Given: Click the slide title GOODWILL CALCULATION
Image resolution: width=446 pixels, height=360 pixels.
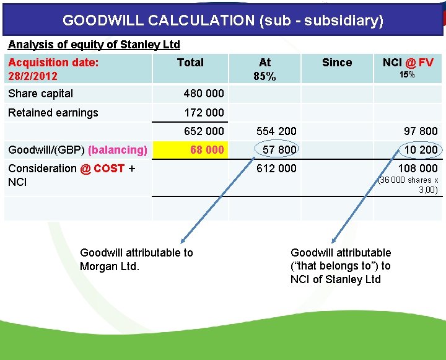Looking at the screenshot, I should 223,20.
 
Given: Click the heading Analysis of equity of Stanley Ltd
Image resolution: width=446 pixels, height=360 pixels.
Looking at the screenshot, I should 94,45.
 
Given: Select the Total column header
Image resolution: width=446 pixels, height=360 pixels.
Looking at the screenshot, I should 190,63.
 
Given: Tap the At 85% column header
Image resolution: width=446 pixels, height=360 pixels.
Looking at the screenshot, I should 265,69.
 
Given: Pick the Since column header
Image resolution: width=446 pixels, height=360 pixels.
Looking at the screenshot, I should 337,63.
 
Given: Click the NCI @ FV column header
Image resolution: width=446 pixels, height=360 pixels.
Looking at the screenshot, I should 408,63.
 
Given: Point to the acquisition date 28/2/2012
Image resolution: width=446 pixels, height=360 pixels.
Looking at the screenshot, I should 33,76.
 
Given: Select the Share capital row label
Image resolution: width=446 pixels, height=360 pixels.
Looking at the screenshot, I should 41,94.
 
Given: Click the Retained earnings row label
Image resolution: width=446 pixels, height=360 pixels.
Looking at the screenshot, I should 53,113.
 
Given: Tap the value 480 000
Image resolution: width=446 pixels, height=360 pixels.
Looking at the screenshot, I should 204,94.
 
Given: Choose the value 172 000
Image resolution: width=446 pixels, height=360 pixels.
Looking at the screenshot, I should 204,113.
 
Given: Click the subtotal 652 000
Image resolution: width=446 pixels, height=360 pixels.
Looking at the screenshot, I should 204,131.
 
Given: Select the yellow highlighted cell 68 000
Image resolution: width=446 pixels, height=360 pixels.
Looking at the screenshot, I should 207,150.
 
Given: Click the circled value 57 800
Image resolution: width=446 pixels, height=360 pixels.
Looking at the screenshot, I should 279,150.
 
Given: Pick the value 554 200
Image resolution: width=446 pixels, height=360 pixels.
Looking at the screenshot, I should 276,131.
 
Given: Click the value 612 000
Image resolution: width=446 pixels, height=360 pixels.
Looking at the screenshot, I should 276,169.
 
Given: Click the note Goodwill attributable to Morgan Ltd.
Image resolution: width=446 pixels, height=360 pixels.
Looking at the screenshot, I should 136,260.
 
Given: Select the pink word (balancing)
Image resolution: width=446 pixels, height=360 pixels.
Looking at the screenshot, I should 118,150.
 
